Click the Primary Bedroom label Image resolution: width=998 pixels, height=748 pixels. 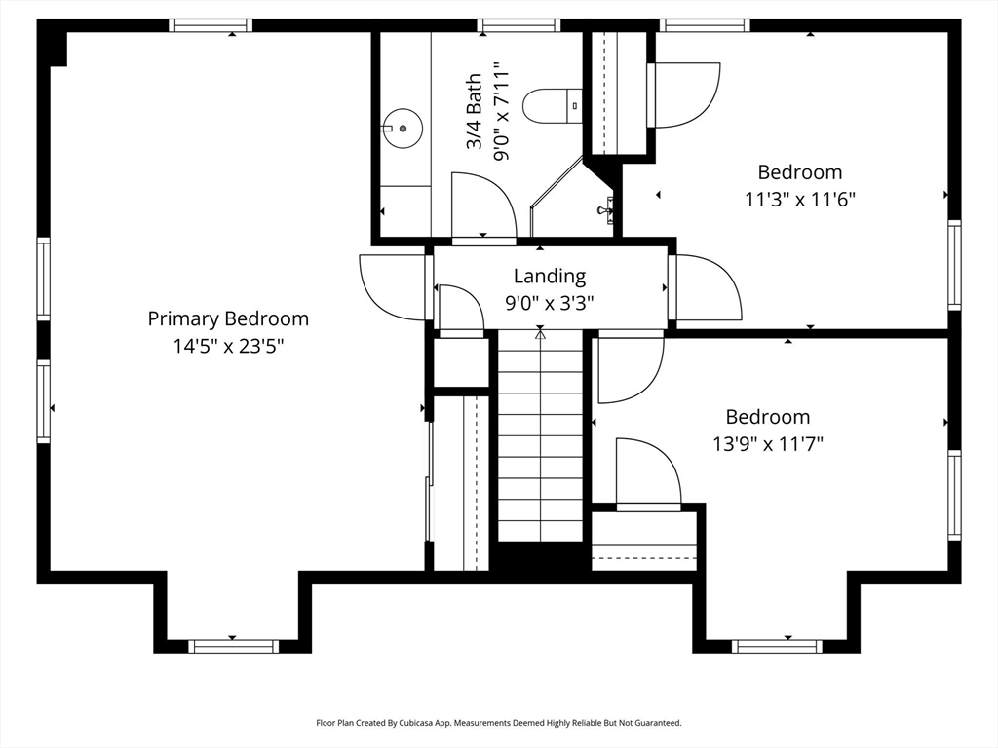228,318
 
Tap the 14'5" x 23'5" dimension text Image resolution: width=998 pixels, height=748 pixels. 228,347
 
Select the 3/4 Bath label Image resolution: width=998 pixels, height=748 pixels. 475,112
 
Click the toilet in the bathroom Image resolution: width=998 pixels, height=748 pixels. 553,106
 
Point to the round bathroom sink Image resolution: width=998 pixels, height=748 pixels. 402,129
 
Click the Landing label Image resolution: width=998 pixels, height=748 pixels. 550,276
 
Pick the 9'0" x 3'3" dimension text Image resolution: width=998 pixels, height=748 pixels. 550,304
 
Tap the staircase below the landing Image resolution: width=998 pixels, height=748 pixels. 540,435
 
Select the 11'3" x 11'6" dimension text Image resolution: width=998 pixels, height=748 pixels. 800,200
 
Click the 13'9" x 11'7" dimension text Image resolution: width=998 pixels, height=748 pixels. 768,443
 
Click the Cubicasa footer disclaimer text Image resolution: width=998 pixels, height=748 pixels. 499,723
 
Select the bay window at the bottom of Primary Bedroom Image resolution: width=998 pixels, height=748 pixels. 233,647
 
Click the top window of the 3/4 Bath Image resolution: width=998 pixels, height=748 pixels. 518,25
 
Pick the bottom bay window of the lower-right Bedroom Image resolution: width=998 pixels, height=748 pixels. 777,647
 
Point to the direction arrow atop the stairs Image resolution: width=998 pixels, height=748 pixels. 540,331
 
